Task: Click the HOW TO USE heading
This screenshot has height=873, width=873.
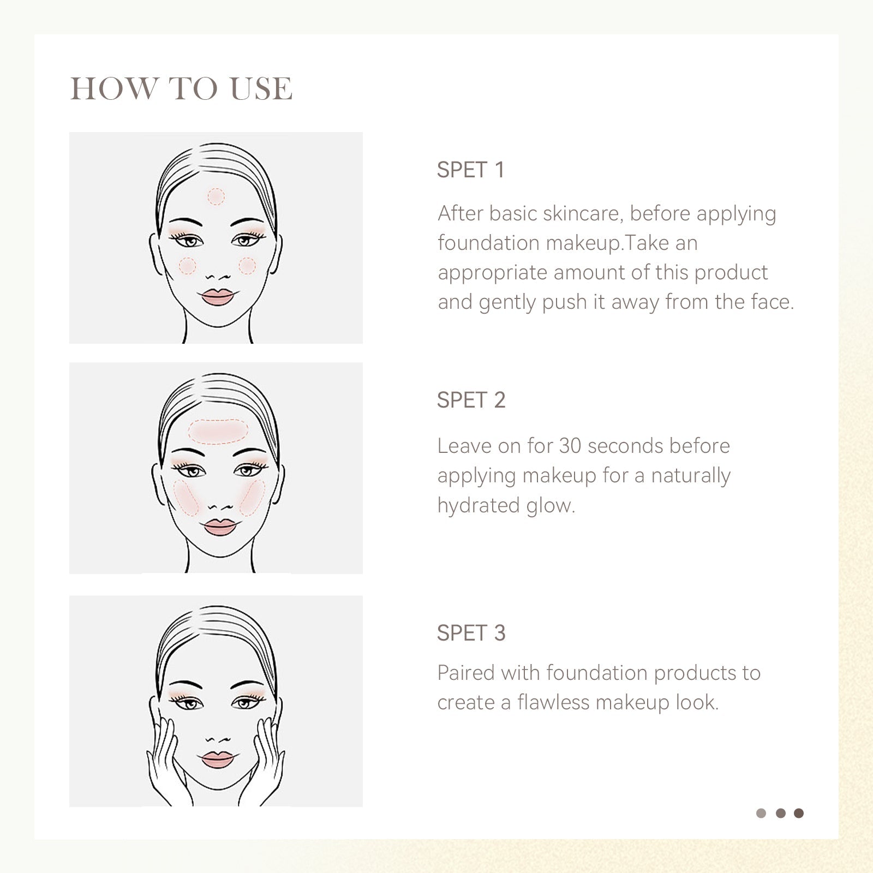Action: [181, 88]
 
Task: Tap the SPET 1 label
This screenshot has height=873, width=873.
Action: [470, 170]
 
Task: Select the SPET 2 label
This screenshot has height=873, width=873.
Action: [471, 400]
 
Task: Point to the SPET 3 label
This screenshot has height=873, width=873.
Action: [471, 633]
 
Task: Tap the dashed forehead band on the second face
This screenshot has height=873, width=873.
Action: [218, 430]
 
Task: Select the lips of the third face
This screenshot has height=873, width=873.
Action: [217, 760]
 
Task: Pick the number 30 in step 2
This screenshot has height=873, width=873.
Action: [570, 446]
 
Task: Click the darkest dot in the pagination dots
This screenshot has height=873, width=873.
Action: [799, 814]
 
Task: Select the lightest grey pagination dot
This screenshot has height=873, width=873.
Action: [761, 814]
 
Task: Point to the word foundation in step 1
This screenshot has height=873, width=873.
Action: [489, 243]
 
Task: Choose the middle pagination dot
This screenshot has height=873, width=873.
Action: [780, 814]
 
